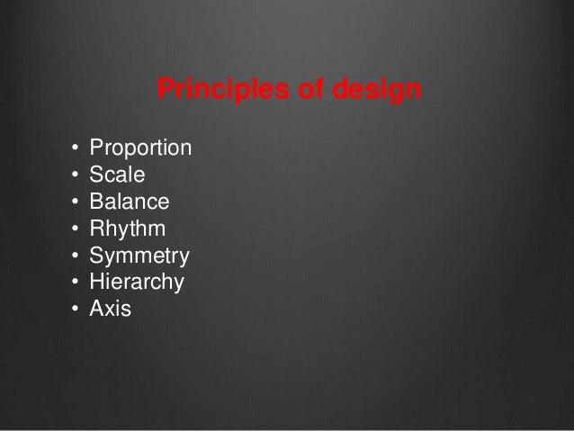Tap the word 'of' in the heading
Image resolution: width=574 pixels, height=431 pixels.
coord(286,91)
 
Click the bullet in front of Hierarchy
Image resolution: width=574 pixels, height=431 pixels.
coord(74,283)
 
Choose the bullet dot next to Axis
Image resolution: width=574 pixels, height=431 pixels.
coord(74,310)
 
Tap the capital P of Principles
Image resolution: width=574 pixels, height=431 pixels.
coord(166,91)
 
